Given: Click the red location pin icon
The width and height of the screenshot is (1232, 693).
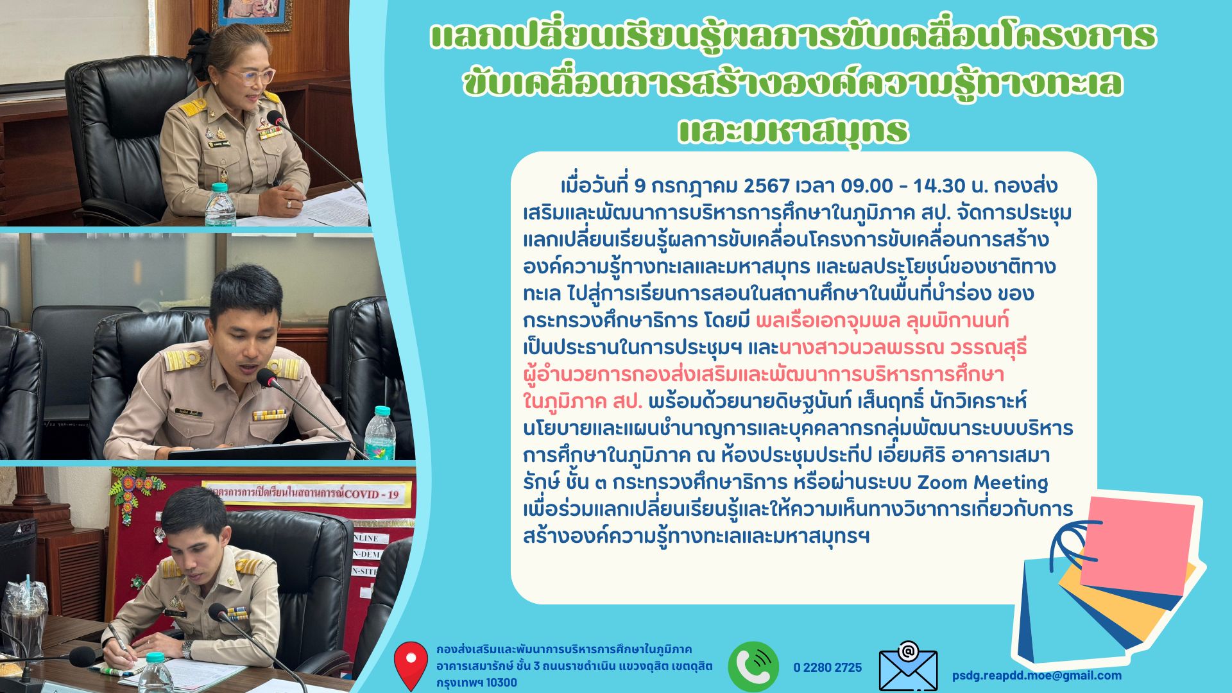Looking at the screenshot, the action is coord(411,665).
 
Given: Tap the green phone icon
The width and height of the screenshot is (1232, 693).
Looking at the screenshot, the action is coord(753,667).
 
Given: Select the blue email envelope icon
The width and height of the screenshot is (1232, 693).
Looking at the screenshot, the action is coord(908,667).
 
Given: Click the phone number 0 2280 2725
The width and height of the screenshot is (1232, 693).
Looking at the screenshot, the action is coord(827,667).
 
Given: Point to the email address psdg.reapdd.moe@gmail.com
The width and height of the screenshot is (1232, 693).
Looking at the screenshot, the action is coord(1037,675).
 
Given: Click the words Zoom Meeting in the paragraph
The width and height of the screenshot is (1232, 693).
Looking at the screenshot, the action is coord(982,482).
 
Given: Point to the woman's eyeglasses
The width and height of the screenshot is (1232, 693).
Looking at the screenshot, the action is coord(255,75).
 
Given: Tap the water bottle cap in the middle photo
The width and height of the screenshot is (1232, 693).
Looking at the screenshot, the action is coord(382,411).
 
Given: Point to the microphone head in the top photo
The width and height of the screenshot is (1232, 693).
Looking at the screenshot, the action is coord(275,118).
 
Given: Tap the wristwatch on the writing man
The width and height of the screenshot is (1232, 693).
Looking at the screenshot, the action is coord(187,649).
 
